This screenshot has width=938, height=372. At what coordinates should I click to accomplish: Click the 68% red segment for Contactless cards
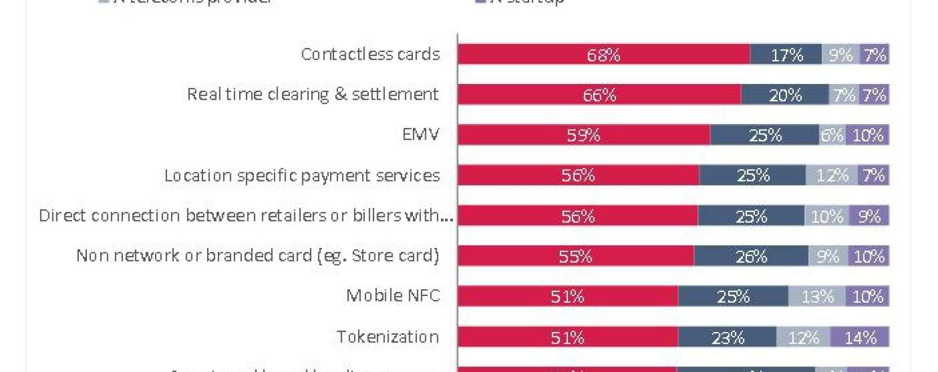tap(604, 55)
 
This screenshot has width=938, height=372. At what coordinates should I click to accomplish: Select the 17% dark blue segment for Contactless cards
tap(786, 55)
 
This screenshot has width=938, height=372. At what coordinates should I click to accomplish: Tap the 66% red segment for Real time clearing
tap(599, 95)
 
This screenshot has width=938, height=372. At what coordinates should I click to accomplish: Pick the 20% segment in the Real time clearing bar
tap(785, 95)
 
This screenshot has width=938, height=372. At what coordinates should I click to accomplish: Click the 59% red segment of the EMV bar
tap(583, 135)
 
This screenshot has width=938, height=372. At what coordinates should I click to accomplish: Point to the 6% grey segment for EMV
tap(832, 135)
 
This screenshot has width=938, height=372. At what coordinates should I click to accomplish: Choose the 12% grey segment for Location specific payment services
tap(831, 175)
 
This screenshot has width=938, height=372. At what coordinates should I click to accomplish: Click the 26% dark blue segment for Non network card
tap(751, 256)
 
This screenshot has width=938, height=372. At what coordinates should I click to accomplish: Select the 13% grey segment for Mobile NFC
tap(817, 296)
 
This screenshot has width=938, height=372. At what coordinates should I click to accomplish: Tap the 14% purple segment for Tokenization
tap(860, 337)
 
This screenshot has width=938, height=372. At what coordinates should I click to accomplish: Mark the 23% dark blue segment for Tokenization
tap(727, 337)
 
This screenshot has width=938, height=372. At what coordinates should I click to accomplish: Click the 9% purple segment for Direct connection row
tap(869, 216)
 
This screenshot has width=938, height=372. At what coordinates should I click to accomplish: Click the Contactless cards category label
tap(370, 54)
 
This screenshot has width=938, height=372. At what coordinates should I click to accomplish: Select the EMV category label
tap(420, 135)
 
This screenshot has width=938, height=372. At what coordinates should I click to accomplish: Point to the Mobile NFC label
tap(393, 296)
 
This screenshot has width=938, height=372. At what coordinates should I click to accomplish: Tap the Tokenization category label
tap(387, 337)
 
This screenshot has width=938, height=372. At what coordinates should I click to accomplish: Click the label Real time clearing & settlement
tap(312, 94)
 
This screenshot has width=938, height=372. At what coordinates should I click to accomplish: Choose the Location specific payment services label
tap(302, 175)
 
